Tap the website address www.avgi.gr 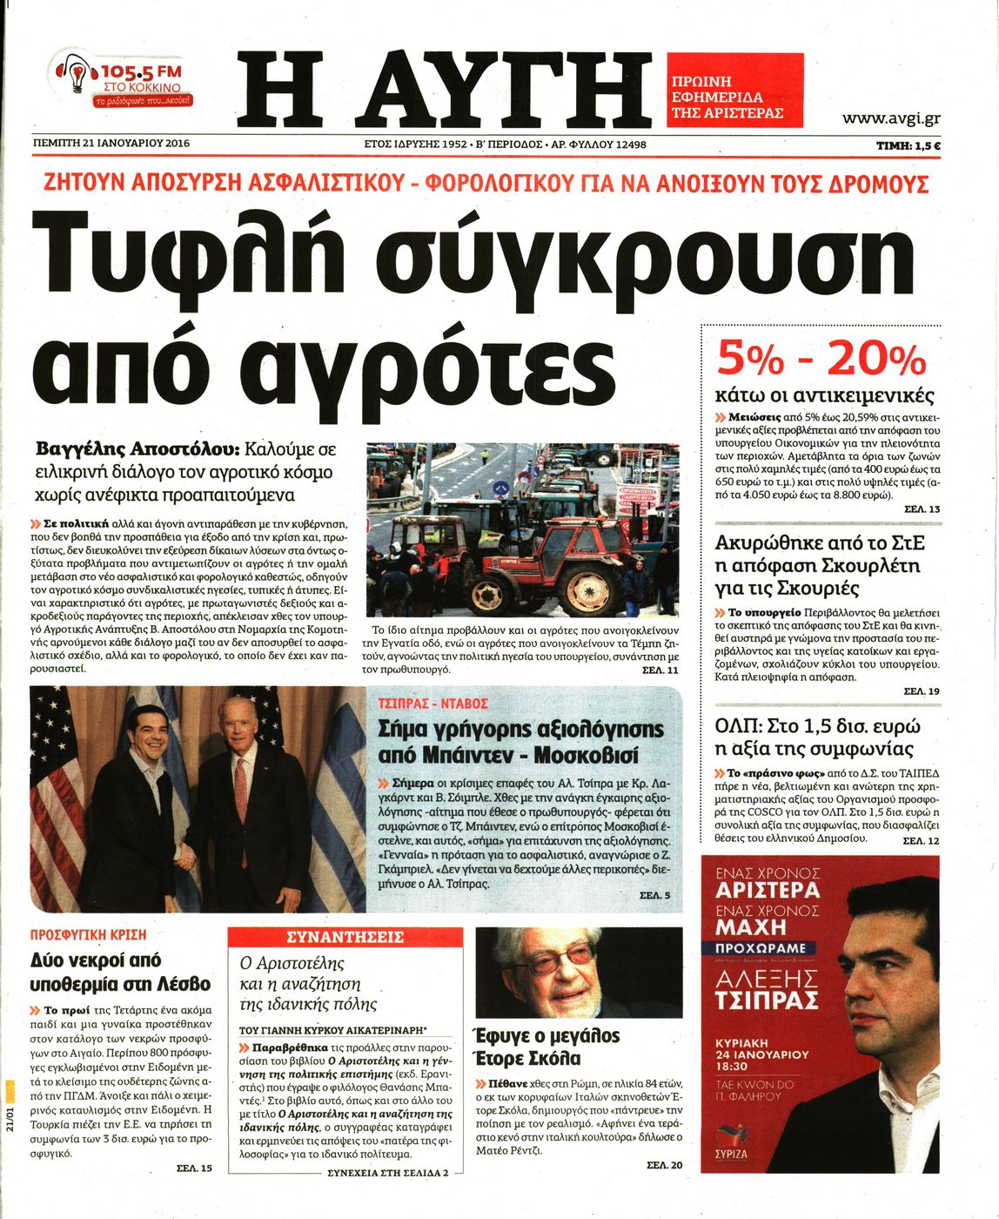coord(891,118)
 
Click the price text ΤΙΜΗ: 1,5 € coord(907,145)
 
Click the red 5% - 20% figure coord(821,358)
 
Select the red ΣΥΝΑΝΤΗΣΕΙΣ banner coord(345,937)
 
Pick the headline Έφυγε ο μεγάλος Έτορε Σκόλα coord(547,1047)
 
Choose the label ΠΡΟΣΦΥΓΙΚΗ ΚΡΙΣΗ coord(88,934)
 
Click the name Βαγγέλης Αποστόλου coord(137,449)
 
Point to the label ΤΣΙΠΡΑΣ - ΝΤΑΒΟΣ coord(432,703)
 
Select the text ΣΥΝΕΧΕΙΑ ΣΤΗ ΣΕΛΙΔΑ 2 coord(387,1172)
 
